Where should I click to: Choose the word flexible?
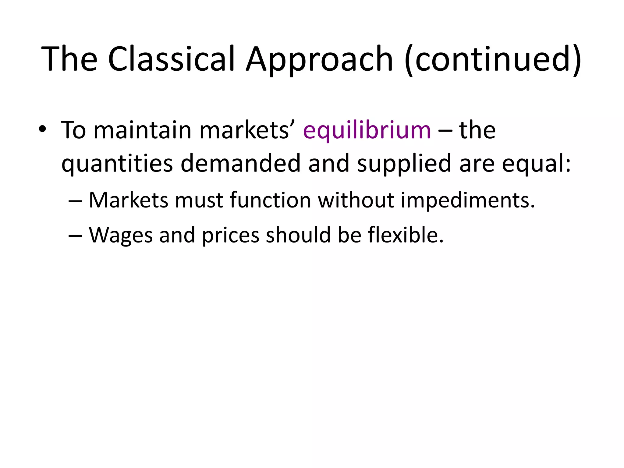[406, 235]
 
